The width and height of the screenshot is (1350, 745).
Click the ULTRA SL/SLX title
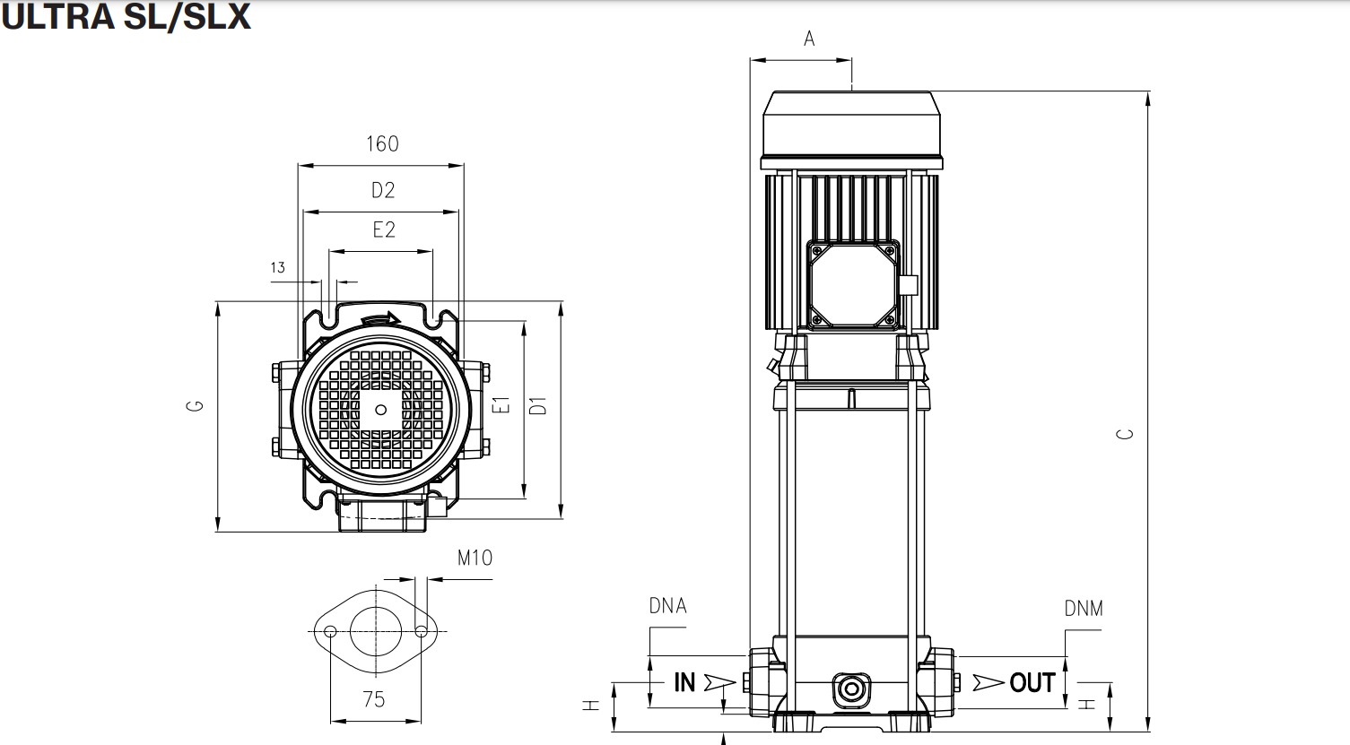(126, 16)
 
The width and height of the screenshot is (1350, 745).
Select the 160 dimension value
(382, 144)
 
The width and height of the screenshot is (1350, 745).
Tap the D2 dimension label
(383, 190)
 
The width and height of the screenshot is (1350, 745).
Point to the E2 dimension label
(384, 230)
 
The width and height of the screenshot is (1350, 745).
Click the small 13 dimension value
(277, 267)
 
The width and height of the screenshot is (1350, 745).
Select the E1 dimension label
(503, 405)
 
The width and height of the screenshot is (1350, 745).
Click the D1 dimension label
(538, 405)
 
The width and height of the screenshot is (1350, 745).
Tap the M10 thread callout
(475, 559)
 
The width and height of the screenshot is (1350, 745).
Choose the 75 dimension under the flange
(374, 699)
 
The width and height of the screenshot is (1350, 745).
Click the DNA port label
(667, 606)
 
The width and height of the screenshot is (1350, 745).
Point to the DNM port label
(1084, 609)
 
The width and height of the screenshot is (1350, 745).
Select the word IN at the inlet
(684, 683)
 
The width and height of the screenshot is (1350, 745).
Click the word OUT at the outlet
(1032, 683)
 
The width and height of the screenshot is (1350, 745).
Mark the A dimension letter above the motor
(809, 39)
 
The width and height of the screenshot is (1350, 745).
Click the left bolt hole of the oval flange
(331, 631)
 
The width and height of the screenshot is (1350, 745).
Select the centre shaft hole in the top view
(381, 410)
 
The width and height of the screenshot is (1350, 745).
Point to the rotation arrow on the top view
(380, 318)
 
